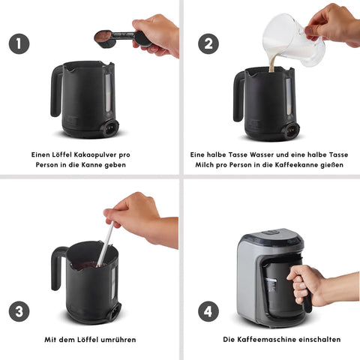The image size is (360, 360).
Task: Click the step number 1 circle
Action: coord(19,43)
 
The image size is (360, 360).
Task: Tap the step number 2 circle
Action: coord(208,43)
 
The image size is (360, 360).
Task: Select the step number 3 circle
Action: coord(19,311)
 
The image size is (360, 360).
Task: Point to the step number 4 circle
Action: coord(208,311)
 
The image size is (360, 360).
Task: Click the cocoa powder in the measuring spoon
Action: coord(103,36)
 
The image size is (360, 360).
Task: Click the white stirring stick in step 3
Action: coord(105,244)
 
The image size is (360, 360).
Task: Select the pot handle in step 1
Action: coord(56,91)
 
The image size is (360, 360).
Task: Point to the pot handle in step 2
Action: coord(238,96)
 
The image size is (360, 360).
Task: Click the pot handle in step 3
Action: coord(57,268)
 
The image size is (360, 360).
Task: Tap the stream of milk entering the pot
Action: coord(272,64)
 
